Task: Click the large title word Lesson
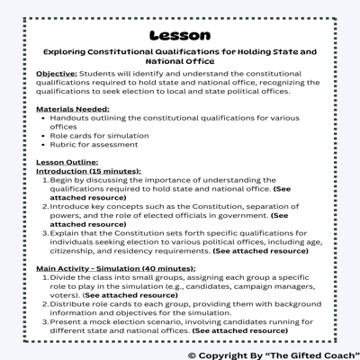click(179, 35)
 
